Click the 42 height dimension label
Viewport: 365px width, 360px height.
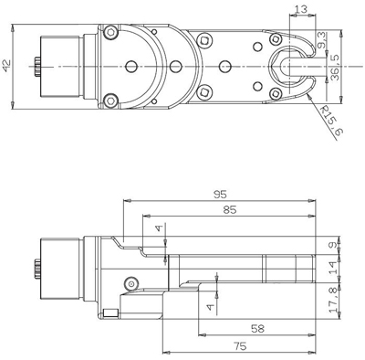point(6,66)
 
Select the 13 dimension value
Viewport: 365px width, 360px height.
point(301,9)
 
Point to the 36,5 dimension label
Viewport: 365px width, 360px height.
point(334,68)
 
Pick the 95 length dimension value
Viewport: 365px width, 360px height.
point(220,195)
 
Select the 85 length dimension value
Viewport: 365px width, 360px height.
point(230,210)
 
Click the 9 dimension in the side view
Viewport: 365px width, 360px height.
point(333,245)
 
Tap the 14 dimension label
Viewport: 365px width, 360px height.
point(334,268)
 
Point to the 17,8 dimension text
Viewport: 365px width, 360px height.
point(334,300)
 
